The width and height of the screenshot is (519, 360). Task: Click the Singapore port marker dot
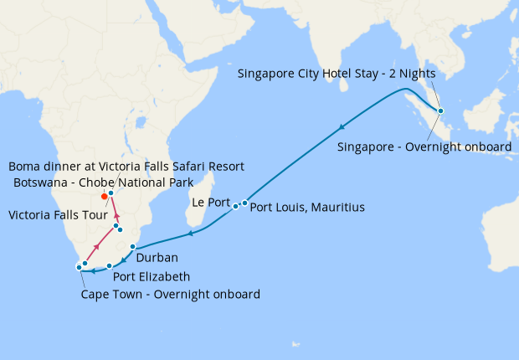click(441, 111)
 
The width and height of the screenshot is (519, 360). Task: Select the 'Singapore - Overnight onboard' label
click(424, 147)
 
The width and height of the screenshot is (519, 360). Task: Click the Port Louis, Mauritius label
click(307, 207)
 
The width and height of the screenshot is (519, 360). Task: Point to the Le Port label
click(210, 202)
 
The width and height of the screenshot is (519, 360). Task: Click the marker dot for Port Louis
click(244, 203)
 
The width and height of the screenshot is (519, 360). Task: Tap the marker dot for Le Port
click(236, 206)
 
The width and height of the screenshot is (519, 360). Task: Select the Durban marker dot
click(133, 246)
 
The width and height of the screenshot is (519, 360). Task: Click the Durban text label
click(157, 259)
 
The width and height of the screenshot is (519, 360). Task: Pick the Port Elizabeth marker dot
click(110, 265)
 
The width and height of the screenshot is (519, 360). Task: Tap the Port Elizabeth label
click(151, 276)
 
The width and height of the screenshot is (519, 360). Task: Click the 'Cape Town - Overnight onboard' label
click(170, 295)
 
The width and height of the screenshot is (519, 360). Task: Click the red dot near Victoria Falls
click(104, 198)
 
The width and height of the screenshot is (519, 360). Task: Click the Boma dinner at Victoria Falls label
click(113, 166)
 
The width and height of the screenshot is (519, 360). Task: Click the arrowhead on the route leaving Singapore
click(342, 127)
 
